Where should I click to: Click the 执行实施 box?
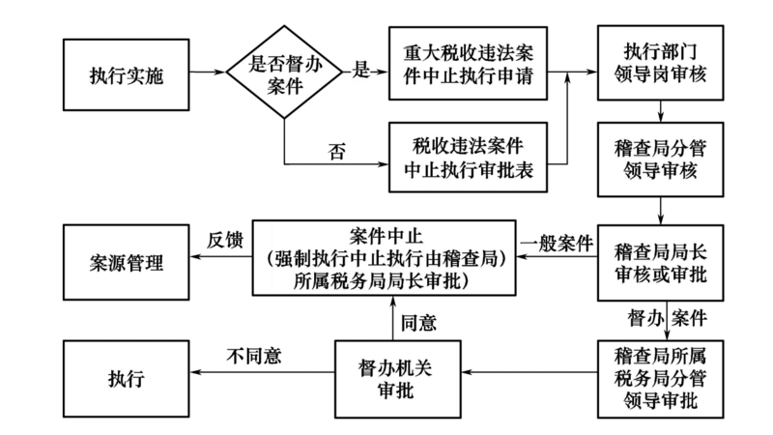pyautogui.click(x=127, y=74)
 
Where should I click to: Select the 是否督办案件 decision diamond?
pyautogui.click(x=287, y=74)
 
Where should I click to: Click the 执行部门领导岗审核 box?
pyautogui.click(x=661, y=61)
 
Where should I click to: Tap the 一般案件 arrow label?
pyautogui.click(x=557, y=243)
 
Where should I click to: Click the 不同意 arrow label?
pyautogui.click(x=254, y=355)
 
